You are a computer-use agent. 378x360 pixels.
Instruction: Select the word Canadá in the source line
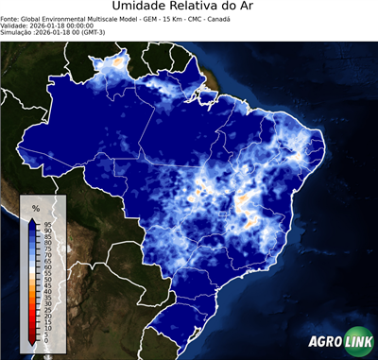(217, 18)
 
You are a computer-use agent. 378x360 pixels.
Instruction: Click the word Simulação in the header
(17, 32)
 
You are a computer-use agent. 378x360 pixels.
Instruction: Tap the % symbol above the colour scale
(35, 207)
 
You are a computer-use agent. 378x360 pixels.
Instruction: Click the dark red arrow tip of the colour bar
(34, 341)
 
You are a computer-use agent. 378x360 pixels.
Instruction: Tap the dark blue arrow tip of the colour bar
(34, 221)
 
